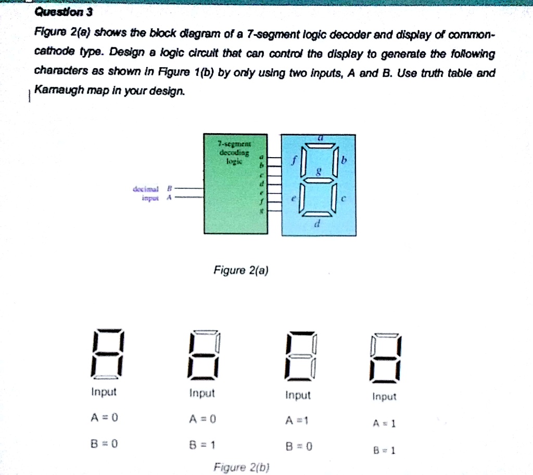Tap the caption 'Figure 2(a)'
[240, 270]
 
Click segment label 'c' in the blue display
[344, 199]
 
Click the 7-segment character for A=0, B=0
[108, 354]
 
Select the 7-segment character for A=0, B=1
[204, 354]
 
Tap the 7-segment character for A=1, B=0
[301, 355]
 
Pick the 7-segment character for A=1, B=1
[385, 357]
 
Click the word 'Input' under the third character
[298, 396]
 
